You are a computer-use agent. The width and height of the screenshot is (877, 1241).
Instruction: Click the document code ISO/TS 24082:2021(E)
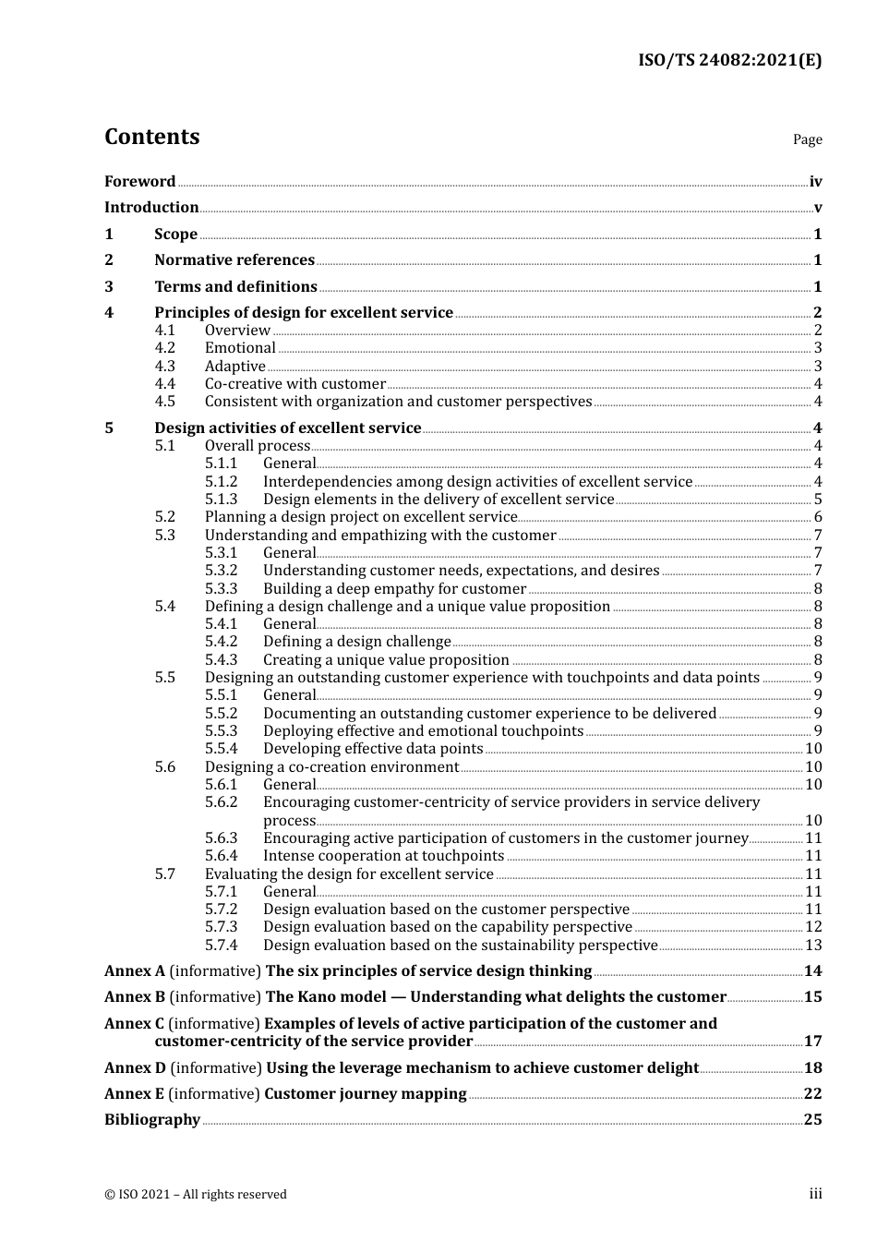tap(729, 61)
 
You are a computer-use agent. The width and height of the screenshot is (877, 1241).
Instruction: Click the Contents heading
tap(151, 137)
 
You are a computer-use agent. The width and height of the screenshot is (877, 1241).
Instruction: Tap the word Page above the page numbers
tap(807, 139)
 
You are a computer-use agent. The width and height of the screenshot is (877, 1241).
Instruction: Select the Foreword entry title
tap(139, 182)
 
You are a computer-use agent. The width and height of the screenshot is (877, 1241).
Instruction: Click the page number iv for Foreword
tap(815, 182)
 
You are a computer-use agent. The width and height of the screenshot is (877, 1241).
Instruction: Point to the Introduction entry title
tap(151, 208)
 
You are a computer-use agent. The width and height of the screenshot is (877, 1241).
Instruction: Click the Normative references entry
tap(234, 260)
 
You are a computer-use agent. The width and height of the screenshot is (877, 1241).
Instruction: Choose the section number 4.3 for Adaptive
tap(165, 367)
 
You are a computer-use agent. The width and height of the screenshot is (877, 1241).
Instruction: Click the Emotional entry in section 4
tap(240, 348)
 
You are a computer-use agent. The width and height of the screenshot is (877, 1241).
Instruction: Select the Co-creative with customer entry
tap(294, 384)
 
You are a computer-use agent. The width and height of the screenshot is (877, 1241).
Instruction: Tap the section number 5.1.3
tap(221, 500)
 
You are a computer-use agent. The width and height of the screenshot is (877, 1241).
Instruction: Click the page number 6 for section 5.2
tap(818, 517)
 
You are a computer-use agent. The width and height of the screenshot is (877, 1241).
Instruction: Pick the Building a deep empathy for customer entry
tap(394, 589)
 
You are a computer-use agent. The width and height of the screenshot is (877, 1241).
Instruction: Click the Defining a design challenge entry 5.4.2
tap(356, 642)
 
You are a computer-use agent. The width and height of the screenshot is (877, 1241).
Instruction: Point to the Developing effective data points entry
tap(373, 749)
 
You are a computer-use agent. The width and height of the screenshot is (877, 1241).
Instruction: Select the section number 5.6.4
tap(221, 856)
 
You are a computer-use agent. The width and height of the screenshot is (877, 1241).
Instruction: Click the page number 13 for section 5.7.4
tap(813, 946)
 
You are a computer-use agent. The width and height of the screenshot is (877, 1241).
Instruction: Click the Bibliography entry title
tap(152, 1120)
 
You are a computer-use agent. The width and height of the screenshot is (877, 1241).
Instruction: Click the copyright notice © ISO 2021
tap(196, 1195)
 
